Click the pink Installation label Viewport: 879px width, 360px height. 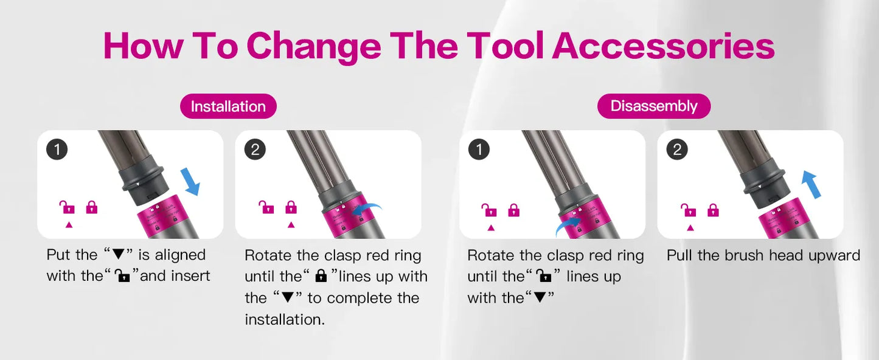click(228, 106)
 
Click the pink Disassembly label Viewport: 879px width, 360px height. click(653, 106)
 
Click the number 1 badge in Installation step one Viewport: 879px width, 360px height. click(57, 150)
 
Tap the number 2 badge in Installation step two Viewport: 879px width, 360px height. click(255, 150)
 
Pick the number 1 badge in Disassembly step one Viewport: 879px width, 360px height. click(479, 150)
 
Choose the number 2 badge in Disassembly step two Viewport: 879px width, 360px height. click(677, 150)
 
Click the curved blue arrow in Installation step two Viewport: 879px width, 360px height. click(369, 209)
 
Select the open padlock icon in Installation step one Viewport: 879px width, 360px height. click(67, 207)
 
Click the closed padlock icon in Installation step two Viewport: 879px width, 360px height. click(291, 207)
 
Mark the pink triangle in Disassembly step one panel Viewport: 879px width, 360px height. click(491, 228)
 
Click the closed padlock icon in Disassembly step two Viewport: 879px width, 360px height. click(712, 210)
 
